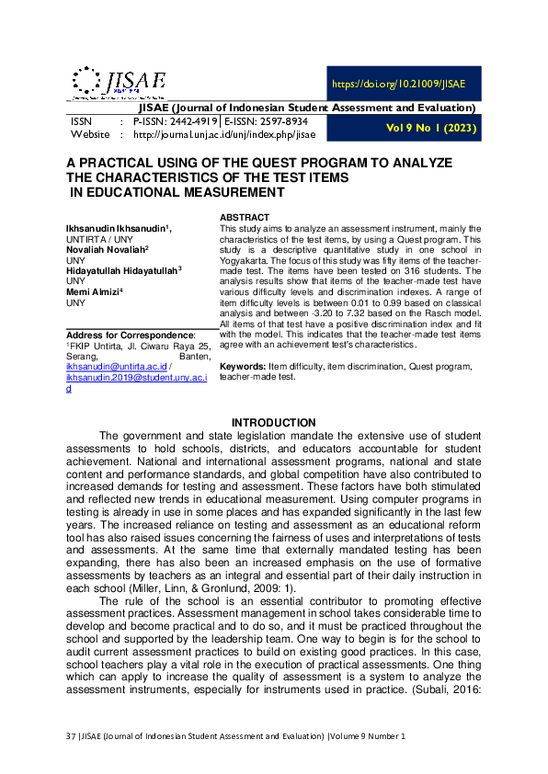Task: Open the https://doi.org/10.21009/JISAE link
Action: pos(398,84)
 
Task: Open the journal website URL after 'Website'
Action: pos(223,134)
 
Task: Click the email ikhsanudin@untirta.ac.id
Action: pos(115,366)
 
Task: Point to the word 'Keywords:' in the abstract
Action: pos(242,367)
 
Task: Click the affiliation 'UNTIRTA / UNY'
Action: pos(95,237)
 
